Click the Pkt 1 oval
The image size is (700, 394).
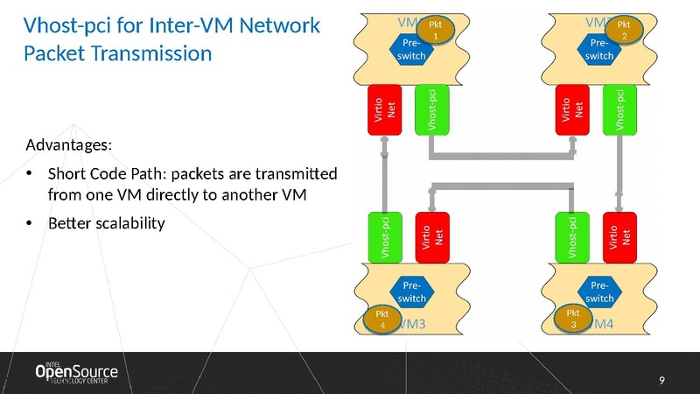[x=442, y=27]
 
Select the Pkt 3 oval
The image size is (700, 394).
[x=572, y=319]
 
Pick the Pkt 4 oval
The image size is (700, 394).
[x=380, y=319]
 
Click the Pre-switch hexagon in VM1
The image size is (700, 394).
[x=411, y=50]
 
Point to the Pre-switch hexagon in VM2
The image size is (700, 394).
[x=599, y=50]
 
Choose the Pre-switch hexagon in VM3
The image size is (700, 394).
[x=412, y=292]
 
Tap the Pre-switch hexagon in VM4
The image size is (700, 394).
[x=599, y=292]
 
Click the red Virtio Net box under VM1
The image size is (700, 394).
[x=384, y=109]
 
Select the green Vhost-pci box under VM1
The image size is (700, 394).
[x=430, y=109]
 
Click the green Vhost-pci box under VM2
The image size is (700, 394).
[x=619, y=109]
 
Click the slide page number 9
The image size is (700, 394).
[x=661, y=379]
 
